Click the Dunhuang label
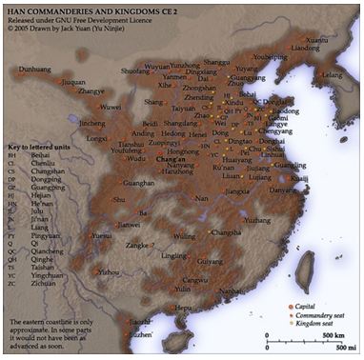coord(36,70)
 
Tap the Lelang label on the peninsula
coord(333,73)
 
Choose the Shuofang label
coord(136,70)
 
